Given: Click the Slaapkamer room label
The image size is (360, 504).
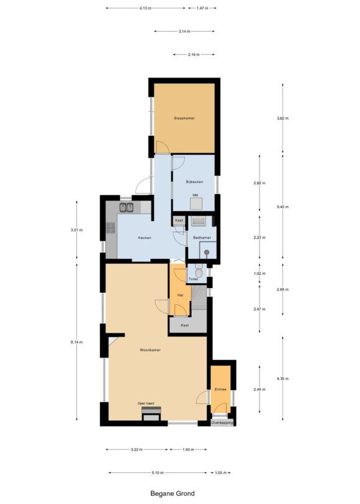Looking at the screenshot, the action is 184,119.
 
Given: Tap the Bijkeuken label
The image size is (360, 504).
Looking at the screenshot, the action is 194,182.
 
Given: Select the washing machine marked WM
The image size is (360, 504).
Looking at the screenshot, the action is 196,204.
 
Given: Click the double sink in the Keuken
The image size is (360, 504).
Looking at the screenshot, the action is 127,207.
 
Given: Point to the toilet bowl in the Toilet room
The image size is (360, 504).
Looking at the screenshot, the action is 199,272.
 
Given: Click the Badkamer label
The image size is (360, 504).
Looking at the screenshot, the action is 202,238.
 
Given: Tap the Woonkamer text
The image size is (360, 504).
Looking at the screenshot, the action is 150,350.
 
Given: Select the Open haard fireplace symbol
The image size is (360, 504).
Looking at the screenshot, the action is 151,413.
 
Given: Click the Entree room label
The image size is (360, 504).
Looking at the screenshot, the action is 220,390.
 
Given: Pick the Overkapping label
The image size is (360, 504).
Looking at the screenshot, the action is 222,423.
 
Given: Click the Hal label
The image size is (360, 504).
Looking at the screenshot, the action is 181,295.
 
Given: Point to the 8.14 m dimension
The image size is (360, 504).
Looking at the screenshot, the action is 76,342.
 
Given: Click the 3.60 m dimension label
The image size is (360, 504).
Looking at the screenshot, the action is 282,119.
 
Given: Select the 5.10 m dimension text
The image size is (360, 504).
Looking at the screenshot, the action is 158,473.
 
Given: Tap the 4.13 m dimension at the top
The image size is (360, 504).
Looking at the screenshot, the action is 145,8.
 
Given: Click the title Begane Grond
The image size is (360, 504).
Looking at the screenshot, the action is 173,493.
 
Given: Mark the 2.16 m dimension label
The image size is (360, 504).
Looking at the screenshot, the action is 194,55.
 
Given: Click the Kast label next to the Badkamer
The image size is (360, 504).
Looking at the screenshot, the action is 179,220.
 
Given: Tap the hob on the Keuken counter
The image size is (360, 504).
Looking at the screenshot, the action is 111,228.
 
